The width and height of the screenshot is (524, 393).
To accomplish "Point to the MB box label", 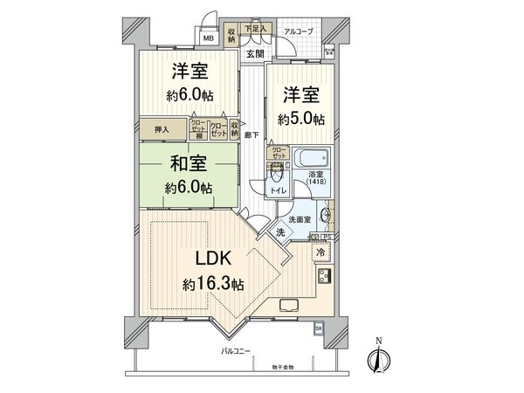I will pyautogui.click(x=209, y=38).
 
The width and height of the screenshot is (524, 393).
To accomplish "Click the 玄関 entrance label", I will pyautogui.click(x=254, y=53).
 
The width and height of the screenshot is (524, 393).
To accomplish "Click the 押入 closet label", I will pyautogui.click(x=162, y=129).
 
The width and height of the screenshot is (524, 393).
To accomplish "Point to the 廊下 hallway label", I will pyautogui.click(x=251, y=134).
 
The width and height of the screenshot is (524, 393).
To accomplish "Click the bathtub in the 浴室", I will pyautogui.click(x=312, y=162).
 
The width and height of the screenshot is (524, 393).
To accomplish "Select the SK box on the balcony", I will pyautogui.click(x=318, y=327).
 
